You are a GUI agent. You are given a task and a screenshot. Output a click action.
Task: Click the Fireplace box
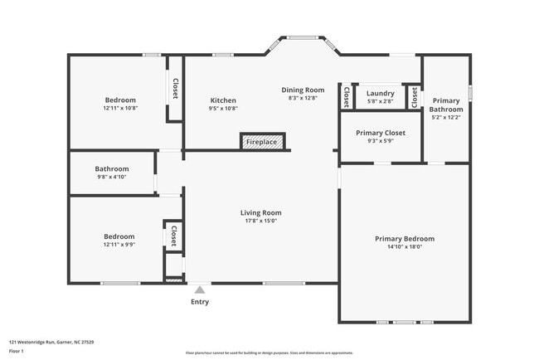pyautogui.click(x=263, y=142)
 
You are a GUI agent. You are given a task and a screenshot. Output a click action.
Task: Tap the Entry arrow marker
pyautogui.click(x=200, y=289)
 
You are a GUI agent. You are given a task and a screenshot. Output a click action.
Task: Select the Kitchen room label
pyautogui.click(x=223, y=100)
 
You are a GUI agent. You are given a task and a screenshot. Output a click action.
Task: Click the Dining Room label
pyautogui.click(x=303, y=90)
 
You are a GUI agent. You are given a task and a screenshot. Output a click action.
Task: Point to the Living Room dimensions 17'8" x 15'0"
pyautogui.click(x=261, y=221)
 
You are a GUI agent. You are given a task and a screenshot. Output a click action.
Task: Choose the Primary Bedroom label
pyautogui.click(x=404, y=239)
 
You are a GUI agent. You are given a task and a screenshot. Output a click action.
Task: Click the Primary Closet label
pyautogui.click(x=380, y=133)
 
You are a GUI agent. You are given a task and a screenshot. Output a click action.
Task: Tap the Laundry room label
pyautogui.click(x=380, y=93)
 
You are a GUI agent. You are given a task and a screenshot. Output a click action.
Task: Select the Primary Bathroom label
pyautogui.click(x=446, y=105)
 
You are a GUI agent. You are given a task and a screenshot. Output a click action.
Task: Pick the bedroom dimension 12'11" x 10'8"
pyautogui.click(x=119, y=109)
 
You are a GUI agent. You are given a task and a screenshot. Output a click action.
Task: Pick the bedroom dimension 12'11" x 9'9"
pyautogui.click(x=119, y=244)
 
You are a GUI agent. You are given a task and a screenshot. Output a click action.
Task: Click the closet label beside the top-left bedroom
pyautogui.click(x=175, y=89)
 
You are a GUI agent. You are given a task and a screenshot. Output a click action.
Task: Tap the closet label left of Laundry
pyautogui.click(x=346, y=98)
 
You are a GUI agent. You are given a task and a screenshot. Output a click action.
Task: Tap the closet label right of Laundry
pyautogui.click(x=414, y=98)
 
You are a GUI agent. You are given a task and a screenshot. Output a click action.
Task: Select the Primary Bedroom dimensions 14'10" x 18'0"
pyautogui.click(x=404, y=247)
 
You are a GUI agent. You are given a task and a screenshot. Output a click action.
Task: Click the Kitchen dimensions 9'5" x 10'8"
pyautogui.click(x=223, y=109)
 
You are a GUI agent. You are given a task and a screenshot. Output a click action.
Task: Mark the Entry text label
pyautogui.click(x=200, y=302)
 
